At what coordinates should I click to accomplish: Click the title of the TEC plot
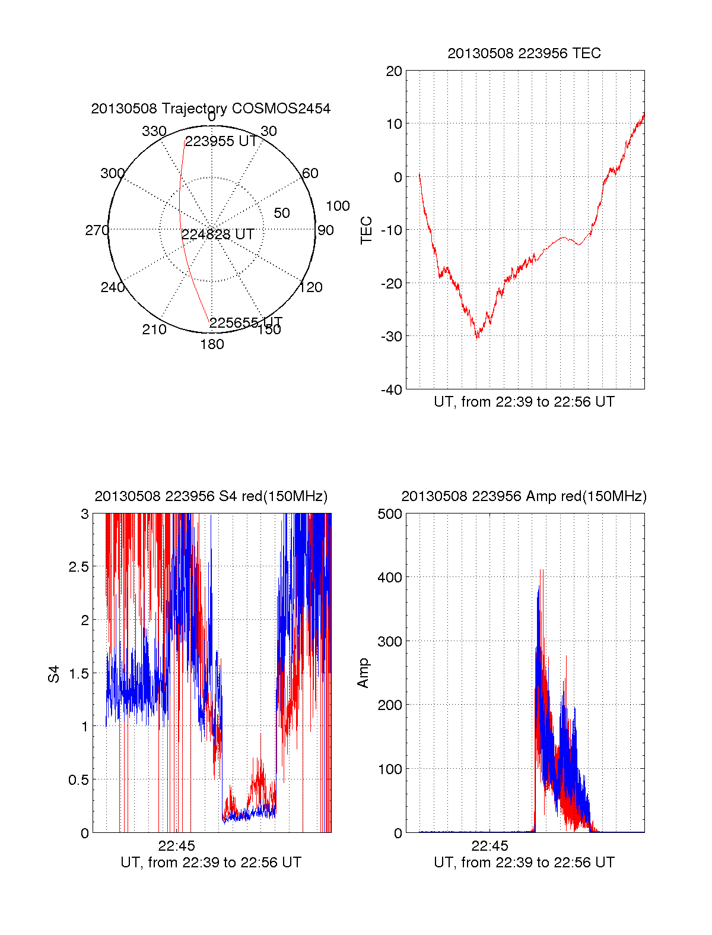[x=524, y=53]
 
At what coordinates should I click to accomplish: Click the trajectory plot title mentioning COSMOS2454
[x=211, y=109]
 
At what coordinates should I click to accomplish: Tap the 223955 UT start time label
[x=221, y=141]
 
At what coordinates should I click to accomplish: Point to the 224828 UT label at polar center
[x=218, y=234]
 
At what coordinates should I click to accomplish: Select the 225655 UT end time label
[x=246, y=322]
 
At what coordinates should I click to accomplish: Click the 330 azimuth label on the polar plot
[x=154, y=131]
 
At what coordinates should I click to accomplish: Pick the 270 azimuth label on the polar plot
[x=97, y=230]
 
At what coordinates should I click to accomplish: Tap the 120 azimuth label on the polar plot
[x=311, y=288]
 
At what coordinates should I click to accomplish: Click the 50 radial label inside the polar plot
[x=282, y=213]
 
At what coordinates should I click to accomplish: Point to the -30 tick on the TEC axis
[x=392, y=336]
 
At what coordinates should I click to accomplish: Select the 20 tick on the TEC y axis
[x=395, y=72]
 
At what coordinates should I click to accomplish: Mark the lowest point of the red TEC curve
[x=478, y=338]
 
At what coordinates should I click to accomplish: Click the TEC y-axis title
[x=367, y=230]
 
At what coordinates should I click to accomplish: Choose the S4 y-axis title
[x=54, y=674]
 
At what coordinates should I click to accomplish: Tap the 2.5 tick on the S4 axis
[x=79, y=567]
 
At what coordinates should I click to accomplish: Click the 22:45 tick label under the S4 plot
[x=176, y=845]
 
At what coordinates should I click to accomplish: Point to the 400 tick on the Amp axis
[x=390, y=577]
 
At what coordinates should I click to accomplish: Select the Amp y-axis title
[x=363, y=673]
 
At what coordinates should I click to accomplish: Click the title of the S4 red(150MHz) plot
[x=211, y=496]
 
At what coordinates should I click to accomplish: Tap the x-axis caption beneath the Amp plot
[x=524, y=863]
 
